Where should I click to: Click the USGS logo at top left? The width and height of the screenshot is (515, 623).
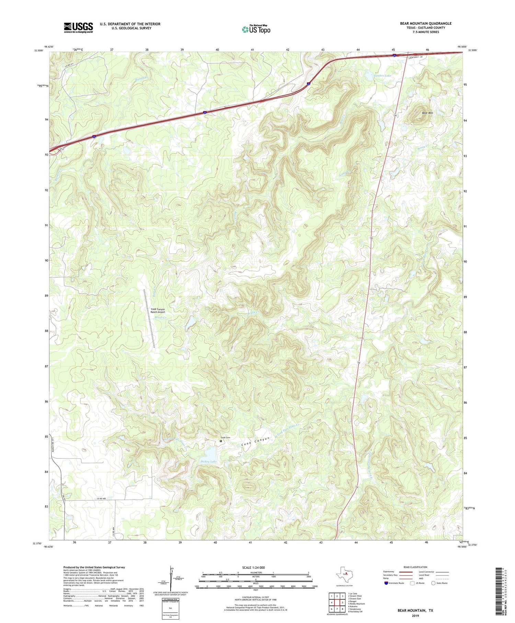(x=78, y=27)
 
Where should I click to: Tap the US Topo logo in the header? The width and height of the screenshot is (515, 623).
(x=256, y=29)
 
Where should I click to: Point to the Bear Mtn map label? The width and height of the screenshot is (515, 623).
(x=427, y=113)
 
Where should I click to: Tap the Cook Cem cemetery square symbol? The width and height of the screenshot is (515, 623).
(x=221, y=441)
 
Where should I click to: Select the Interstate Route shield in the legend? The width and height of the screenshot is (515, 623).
(x=386, y=583)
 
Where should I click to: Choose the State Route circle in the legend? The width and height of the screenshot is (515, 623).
(x=433, y=583)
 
